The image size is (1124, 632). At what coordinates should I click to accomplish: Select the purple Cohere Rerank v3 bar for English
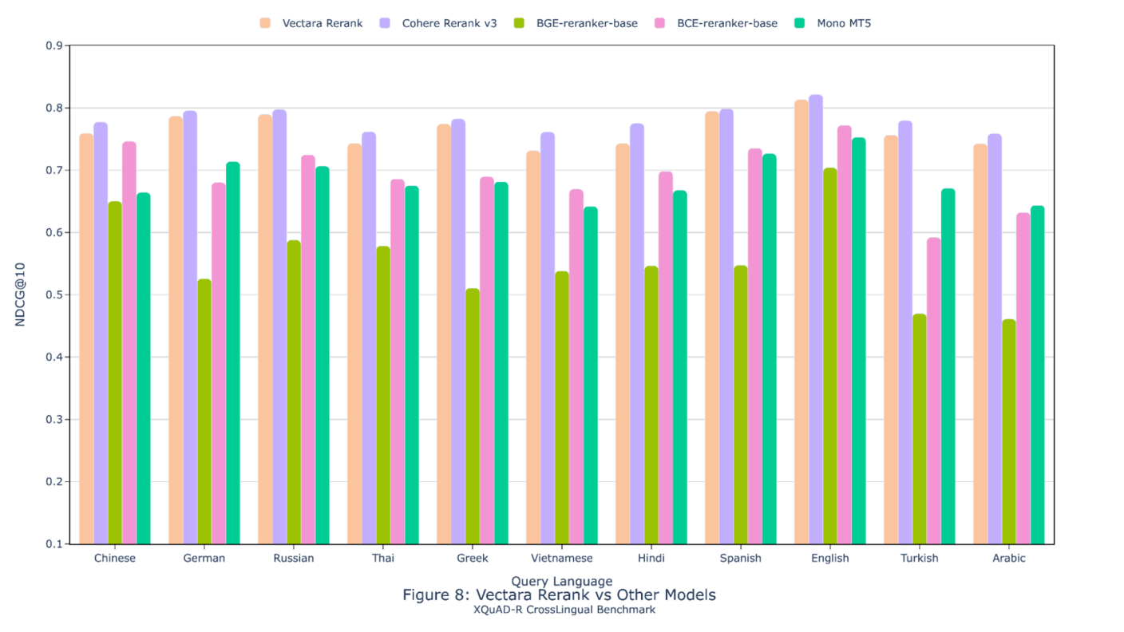(816, 319)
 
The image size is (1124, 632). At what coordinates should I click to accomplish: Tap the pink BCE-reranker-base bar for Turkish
(934, 391)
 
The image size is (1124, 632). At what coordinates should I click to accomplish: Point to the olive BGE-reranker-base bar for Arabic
(1009, 432)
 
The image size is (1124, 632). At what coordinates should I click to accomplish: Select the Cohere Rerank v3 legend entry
(439, 23)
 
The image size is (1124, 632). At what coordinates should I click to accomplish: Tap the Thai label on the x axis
(383, 559)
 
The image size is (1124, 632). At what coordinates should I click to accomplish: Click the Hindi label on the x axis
(651, 559)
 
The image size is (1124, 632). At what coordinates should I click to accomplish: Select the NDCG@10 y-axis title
(21, 295)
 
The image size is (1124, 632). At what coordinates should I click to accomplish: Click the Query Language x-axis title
(562, 581)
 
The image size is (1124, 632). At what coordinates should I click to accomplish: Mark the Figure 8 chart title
(559, 595)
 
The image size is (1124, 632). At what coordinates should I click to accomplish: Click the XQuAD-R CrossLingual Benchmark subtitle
(564, 610)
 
